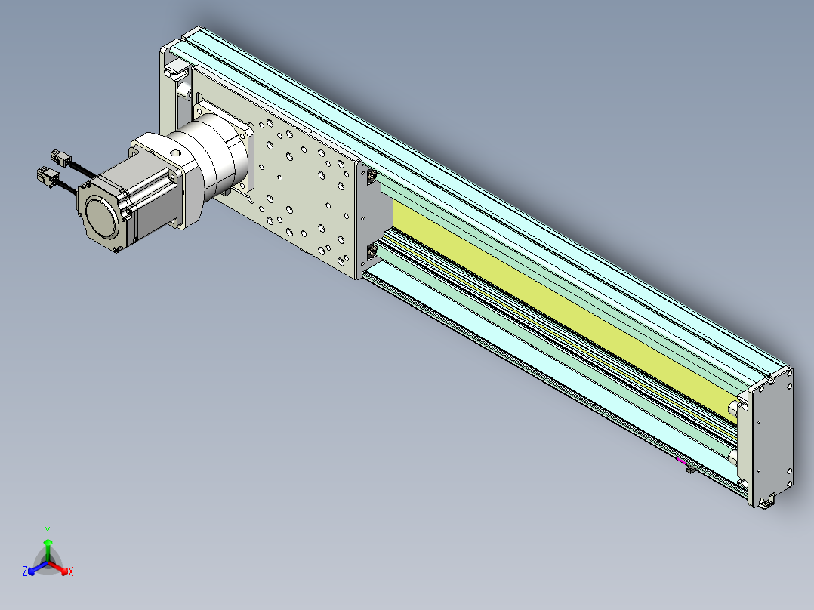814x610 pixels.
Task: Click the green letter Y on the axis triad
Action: (x=48, y=531)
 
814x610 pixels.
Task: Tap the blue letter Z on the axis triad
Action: (x=24, y=571)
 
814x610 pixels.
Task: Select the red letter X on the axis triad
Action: (x=71, y=572)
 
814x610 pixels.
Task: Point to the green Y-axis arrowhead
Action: (x=48, y=542)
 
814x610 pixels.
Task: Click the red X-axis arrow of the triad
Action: (x=57, y=568)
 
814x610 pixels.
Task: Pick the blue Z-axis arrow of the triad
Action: (x=38, y=567)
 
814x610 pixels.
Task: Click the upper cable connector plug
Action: (x=60, y=158)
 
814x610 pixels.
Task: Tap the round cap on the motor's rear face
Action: (x=102, y=217)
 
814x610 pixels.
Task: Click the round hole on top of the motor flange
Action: (x=175, y=154)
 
